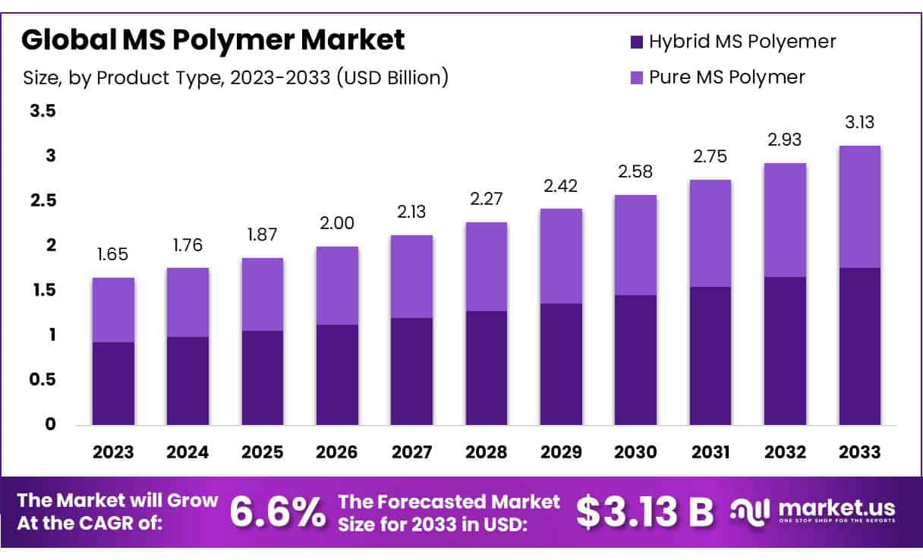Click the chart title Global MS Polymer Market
click(x=213, y=39)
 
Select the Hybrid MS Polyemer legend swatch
click(x=636, y=42)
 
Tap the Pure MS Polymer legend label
click(x=726, y=77)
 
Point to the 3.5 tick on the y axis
click(x=43, y=112)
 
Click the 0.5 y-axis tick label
click(x=43, y=379)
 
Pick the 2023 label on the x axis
click(x=113, y=452)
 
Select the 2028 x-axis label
click(x=487, y=452)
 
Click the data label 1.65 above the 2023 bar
click(x=113, y=254)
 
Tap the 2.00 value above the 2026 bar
click(x=337, y=223)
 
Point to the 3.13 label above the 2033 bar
click(x=860, y=122)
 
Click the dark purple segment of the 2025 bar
click(x=263, y=377)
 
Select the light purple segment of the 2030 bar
click(x=636, y=245)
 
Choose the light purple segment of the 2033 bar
click(x=860, y=206)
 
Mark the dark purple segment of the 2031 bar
click(x=710, y=355)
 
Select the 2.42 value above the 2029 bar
click(x=561, y=185)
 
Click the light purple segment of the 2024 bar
click(x=187, y=302)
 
